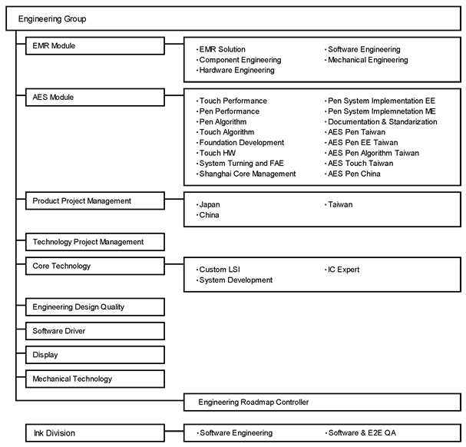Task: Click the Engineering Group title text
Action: coord(52,19)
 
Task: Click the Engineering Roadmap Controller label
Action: coord(253,402)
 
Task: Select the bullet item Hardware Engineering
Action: coord(236,70)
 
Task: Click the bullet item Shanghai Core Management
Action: coord(246,174)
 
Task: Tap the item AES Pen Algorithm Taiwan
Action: coord(372,153)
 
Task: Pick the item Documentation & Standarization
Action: coord(381,122)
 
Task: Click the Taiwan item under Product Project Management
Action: coord(339,204)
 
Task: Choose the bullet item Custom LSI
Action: coord(218,270)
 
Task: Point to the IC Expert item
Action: coord(342,270)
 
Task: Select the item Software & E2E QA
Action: coord(361,433)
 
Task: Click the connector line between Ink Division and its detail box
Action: coord(174,431)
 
